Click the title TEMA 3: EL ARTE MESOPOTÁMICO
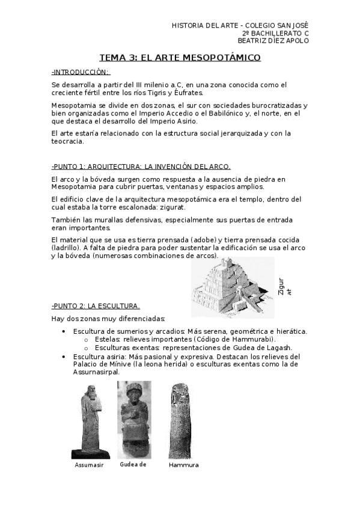pos(180,58)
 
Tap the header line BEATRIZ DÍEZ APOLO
pos(273,41)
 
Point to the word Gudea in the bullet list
pos(232,348)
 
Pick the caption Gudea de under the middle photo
pos(133,464)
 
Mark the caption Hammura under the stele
pos(184,465)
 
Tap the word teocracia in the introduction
pos(68,141)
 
